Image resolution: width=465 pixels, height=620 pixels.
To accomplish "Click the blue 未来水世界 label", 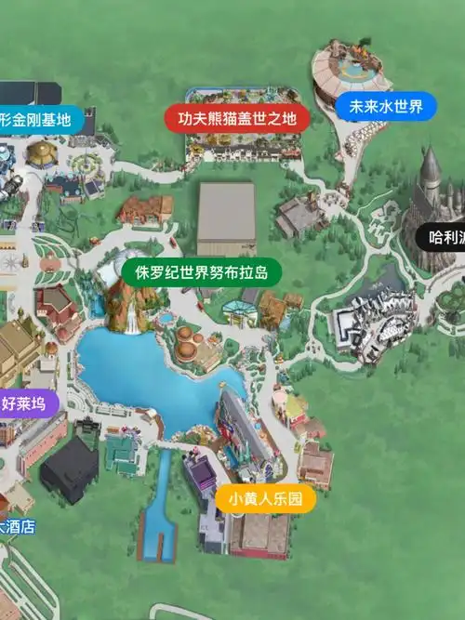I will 385,107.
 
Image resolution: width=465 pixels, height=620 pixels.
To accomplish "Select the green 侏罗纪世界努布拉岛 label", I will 201,272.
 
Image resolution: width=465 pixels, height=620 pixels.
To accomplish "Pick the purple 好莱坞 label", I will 28,403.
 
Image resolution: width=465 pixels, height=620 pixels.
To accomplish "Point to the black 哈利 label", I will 444,237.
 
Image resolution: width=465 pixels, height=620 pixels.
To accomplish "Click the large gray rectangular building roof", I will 226,218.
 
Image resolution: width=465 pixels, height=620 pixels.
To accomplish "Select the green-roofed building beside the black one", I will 121,453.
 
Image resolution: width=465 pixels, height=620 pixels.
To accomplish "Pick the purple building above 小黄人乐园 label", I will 202,471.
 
